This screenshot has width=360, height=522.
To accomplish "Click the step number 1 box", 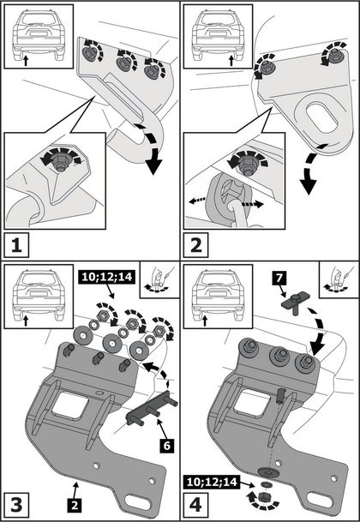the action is [x=16, y=244].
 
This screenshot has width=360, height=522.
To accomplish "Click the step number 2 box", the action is [x=195, y=244].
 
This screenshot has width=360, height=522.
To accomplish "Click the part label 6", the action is [x=166, y=446].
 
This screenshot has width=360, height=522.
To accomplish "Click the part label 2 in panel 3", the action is [x=75, y=506].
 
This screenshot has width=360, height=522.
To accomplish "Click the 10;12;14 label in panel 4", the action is [x=211, y=482].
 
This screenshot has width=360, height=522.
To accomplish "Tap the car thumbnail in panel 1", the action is [x=39, y=36].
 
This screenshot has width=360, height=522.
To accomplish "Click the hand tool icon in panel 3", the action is [x=158, y=279].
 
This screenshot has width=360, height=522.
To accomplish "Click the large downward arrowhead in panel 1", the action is [x=153, y=166].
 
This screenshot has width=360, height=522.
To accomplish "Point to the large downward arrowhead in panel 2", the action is [x=309, y=186].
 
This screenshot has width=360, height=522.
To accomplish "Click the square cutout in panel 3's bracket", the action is [x=70, y=405].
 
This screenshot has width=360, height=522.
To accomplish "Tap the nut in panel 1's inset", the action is [x=60, y=162].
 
